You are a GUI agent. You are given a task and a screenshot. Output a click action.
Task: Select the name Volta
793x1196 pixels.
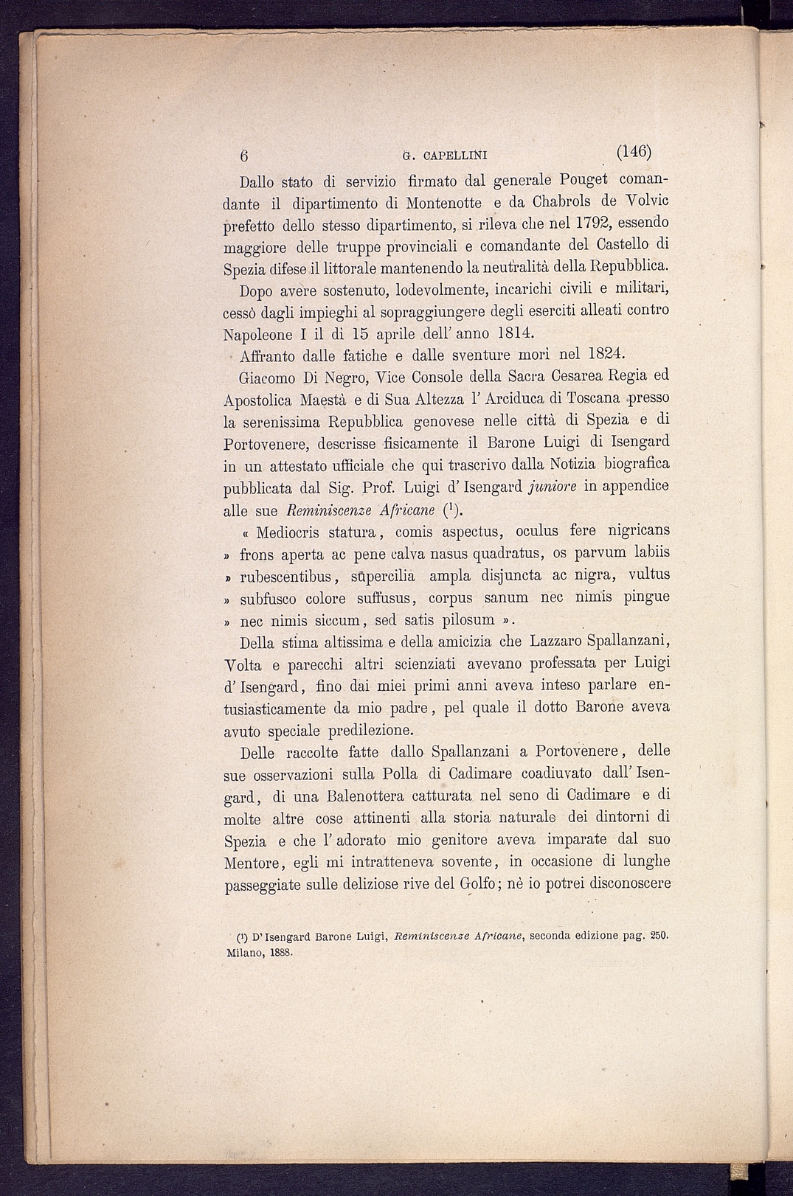[x=243, y=665]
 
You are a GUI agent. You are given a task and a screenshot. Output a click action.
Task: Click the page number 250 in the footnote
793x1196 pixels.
[x=658, y=935]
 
